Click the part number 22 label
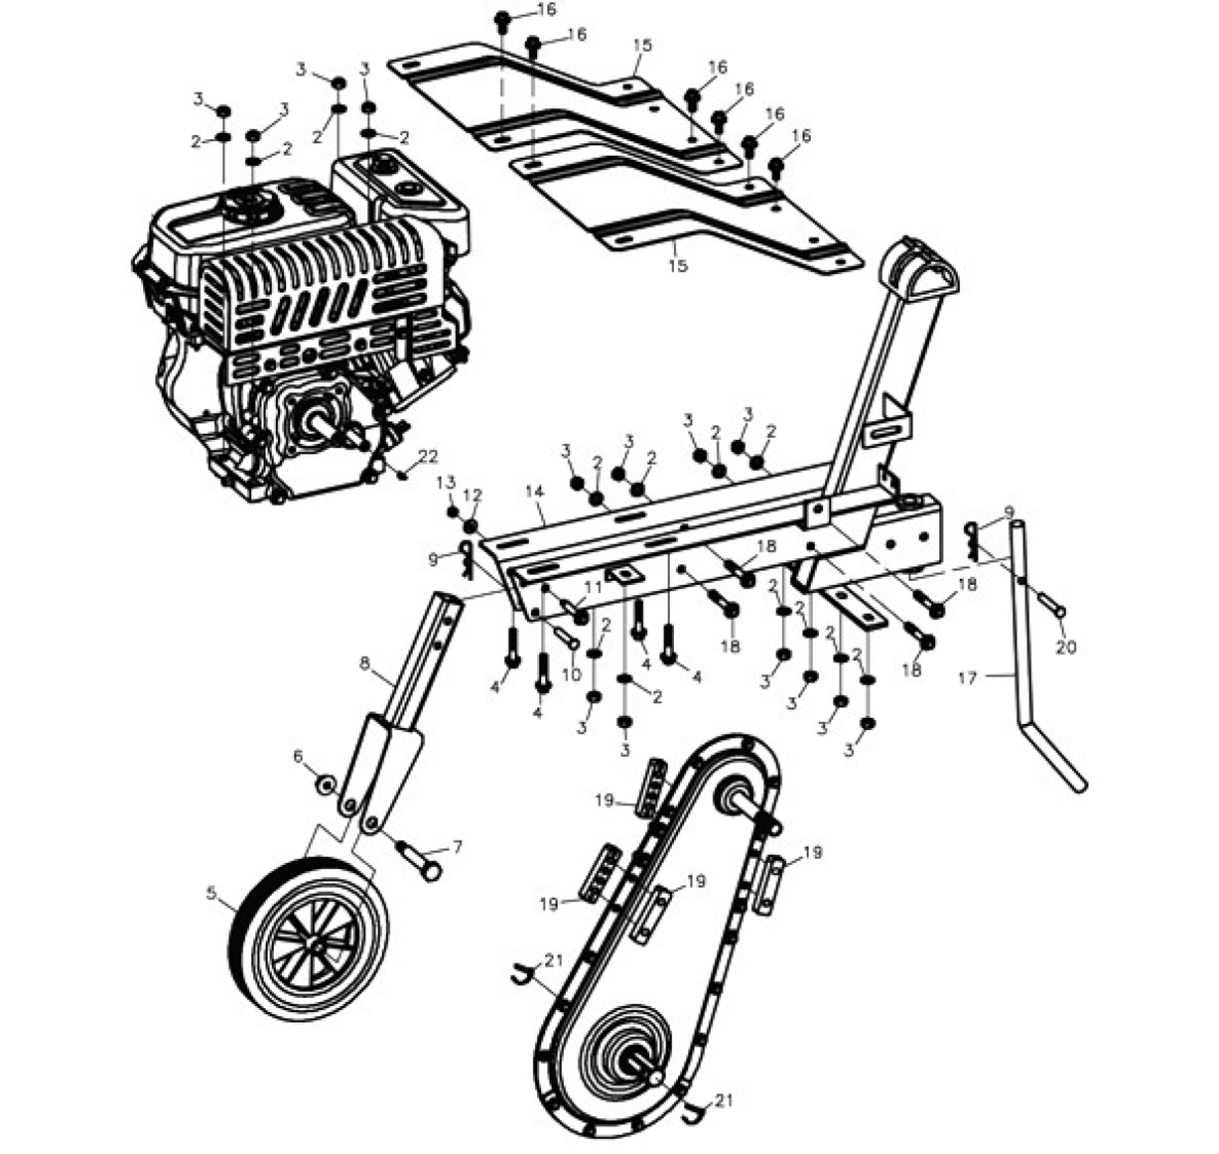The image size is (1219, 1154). pyautogui.click(x=427, y=457)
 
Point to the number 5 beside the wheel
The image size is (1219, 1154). pyautogui.click(x=211, y=894)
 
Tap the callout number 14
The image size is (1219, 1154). pyautogui.click(x=534, y=492)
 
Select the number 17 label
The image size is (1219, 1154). pyautogui.click(x=967, y=678)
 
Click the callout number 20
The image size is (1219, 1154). pyautogui.click(x=1066, y=648)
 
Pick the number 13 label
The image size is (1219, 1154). pyautogui.click(x=446, y=482)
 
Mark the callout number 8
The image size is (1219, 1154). pyautogui.click(x=364, y=663)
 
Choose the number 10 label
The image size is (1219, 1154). pyautogui.click(x=572, y=674)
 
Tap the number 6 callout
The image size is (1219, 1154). pyautogui.click(x=298, y=756)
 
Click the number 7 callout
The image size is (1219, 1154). pyautogui.click(x=458, y=847)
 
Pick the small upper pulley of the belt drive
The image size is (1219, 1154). pyautogui.click(x=734, y=797)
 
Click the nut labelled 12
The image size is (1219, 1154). pyautogui.click(x=471, y=526)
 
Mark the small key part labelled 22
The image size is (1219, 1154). pyautogui.click(x=403, y=477)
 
